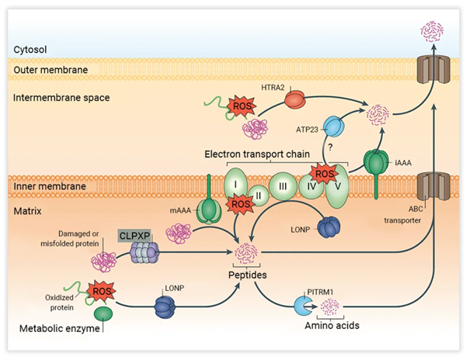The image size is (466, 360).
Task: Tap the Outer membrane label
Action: click(x=47, y=71)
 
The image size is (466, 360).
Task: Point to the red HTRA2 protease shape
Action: click(x=294, y=99)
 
